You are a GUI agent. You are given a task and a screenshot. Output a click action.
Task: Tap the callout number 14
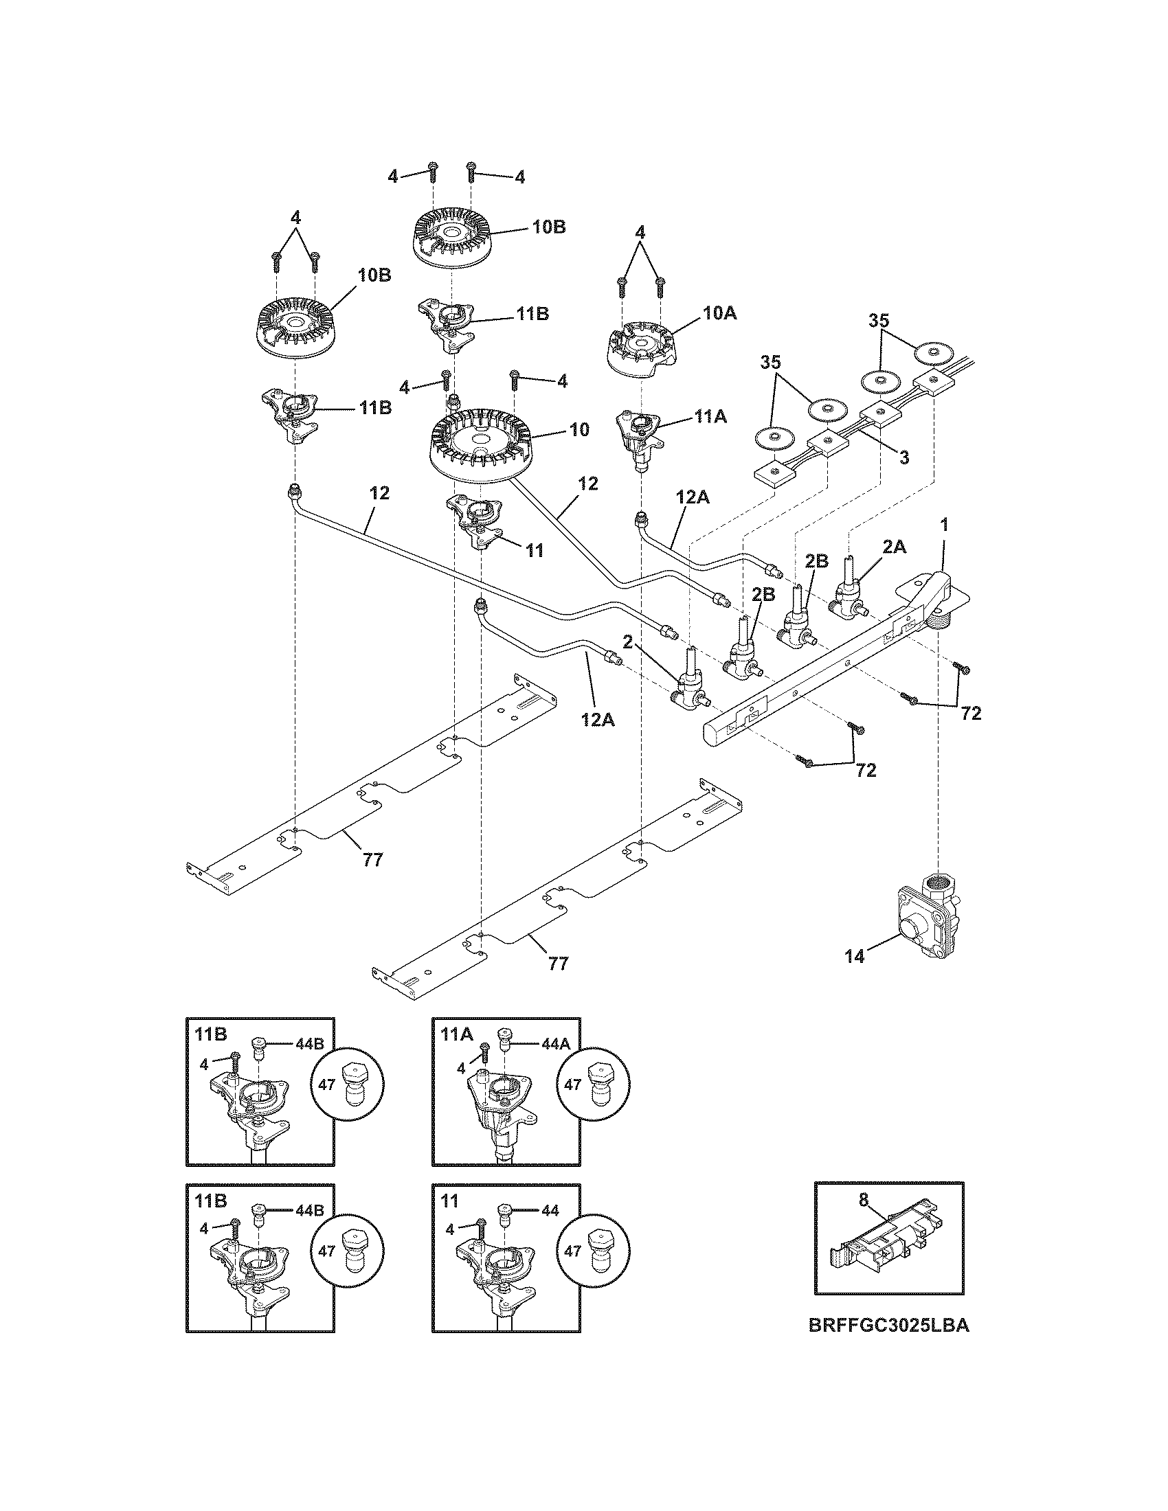[x=855, y=958]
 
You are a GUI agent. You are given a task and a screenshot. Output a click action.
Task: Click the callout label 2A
[x=895, y=547]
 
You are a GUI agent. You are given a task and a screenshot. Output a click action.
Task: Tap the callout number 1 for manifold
[x=944, y=525]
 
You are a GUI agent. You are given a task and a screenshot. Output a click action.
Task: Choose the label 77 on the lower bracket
[x=558, y=963]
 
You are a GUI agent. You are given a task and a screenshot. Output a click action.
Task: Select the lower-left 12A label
[x=597, y=720]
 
